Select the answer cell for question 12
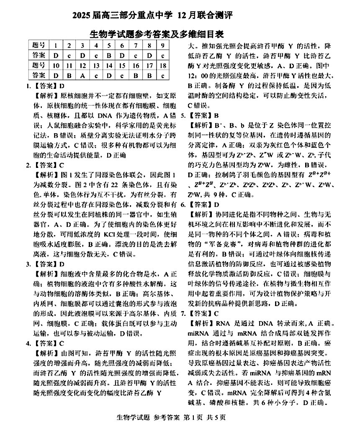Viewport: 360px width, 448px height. point(82,75)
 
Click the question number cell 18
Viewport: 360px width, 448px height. point(163,65)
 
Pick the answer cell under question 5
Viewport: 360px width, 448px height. point(109,55)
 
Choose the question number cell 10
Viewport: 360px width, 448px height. point(56,65)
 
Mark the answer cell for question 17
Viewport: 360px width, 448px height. point(149,75)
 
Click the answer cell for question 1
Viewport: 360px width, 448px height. point(56,55)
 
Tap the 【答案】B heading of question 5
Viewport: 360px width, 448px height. point(203,115)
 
